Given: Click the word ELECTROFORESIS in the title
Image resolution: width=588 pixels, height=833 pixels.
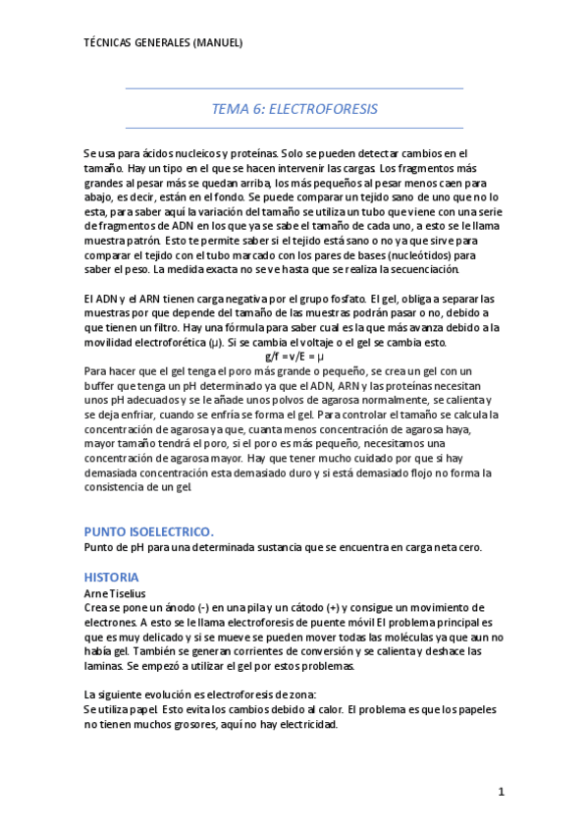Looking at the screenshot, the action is tap(323, 109).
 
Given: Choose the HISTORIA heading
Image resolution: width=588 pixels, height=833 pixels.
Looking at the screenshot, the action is tap(111, 577).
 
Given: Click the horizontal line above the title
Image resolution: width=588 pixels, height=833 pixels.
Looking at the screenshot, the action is tap(294, 88).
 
